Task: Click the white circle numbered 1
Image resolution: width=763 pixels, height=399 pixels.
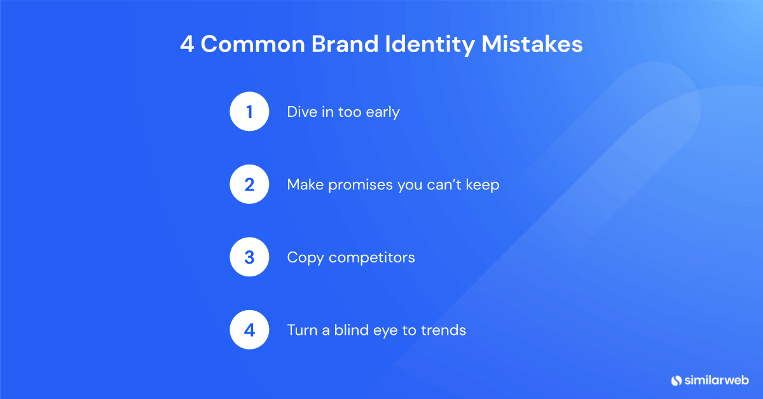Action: pyautogui.click(x=250, y=112)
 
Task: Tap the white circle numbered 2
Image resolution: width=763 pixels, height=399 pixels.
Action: pyautogui.click(x=250, y=185)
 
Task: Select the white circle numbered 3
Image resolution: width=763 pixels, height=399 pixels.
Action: pyautogui.click(x=250, y=257)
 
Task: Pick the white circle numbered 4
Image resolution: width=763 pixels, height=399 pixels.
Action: pyautogui.click(x=250, y=330)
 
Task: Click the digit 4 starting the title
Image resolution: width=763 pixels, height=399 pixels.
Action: pyautogui.click(x=187, y=45)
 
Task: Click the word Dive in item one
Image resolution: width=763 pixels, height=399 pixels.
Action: pyautogui.click(x=301, y=112)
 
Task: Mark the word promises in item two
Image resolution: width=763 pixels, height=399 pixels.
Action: pyautogui.click(x=354, y=186)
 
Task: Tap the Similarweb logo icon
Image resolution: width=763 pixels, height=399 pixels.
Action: pyautogui.click(x=677, y=380)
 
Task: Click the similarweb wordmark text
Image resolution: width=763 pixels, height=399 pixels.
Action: pyautogui.click(x=717, y=380)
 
